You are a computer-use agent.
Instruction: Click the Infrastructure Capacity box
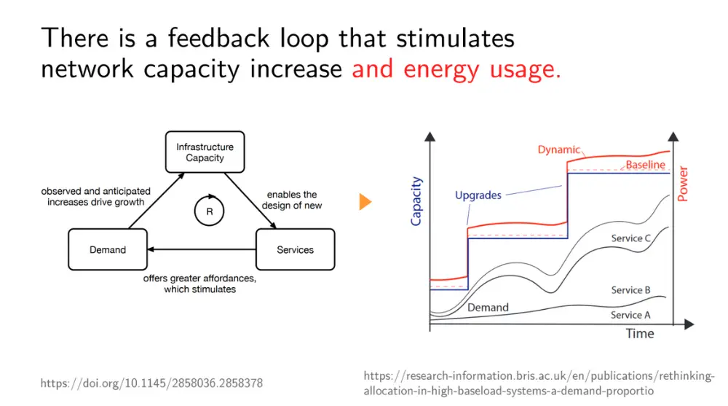[x=205, y=152]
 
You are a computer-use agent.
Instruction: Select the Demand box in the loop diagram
[x=107, y=249]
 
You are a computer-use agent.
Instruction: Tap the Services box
[x=295, y=249]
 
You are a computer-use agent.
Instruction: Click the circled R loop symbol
[x=209, y=211]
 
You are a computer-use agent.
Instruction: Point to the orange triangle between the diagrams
[x=365, y=202]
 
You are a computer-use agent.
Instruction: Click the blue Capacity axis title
[x=416, y=200]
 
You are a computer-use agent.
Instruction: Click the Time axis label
[x=640, y=333]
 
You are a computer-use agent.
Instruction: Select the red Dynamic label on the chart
[x=558, y=149]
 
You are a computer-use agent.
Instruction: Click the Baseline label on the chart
[x=646, y=165]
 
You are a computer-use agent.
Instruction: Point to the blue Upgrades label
[x=478, y=195]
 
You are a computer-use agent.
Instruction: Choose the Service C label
[x=631, y=238]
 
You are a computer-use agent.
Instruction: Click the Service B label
[x=630, y=290]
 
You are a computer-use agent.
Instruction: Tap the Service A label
[x=630, y=315]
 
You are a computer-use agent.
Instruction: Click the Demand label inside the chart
[x=488, y=307]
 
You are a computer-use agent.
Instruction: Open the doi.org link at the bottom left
[x=151, y=383]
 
